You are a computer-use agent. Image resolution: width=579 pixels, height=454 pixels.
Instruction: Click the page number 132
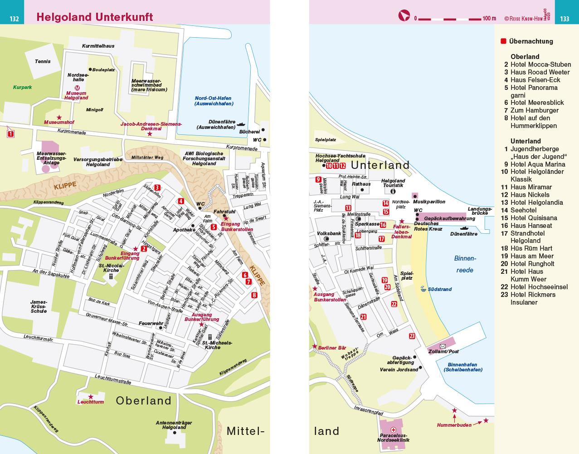[14, 19]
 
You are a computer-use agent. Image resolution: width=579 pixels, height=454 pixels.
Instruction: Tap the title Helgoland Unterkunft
[95, 17]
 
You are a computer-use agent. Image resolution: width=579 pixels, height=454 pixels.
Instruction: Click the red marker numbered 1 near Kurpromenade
[10, 134]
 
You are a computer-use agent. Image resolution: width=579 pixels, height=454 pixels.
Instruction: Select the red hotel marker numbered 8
[254, 295]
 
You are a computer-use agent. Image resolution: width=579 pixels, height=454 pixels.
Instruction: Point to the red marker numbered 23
[412, 336]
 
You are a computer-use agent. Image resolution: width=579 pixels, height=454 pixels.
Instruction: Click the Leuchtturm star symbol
[91, 396]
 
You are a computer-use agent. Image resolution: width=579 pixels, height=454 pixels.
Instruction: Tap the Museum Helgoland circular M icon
[77, 89]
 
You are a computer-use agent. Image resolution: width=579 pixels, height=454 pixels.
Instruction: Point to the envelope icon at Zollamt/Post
[443, 346]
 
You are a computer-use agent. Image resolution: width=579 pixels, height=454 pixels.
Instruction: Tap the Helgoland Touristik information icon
[393, 192]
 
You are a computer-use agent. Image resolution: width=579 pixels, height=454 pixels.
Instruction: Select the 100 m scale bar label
[490, 19]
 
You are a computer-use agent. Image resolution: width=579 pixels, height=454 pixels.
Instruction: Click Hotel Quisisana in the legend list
[529, 218]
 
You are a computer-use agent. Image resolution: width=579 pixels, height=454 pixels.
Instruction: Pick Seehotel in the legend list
[523, 210]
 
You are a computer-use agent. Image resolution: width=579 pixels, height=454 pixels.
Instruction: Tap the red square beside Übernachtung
[503, 41]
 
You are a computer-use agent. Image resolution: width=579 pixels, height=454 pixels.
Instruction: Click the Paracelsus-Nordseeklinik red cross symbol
[394, 429]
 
